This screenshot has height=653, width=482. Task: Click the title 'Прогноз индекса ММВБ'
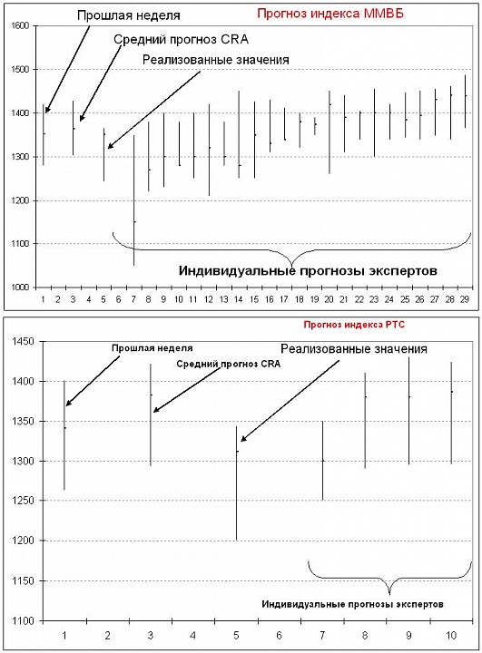click(330, 14)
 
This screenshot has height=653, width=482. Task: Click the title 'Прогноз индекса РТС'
click(354, 325)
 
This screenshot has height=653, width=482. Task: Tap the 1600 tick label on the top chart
click(19, 26)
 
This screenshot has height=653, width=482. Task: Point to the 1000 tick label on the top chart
click(19, 288)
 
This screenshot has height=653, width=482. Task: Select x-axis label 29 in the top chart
click(465, 299)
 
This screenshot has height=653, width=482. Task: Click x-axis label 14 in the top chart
click(239, 299)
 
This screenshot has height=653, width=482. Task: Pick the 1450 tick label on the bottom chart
click(24, 342)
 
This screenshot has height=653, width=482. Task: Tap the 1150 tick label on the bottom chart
click(24, 581)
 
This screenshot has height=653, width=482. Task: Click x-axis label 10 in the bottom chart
click(451, 636)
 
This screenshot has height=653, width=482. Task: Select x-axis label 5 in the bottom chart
click(236, 636)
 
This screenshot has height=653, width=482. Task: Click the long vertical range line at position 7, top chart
click(133, 200)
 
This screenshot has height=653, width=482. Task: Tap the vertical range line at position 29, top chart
click(466, 102)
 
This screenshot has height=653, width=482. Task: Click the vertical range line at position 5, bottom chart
click(236, 483)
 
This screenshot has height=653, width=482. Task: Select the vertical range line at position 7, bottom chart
click(322, 461)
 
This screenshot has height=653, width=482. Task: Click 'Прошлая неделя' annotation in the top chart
click(129, 15)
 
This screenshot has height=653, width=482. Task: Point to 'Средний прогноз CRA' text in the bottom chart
click(229, 364)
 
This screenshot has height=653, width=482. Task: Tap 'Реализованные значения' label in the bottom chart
click(354, 348)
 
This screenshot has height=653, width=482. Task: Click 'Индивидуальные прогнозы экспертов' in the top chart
click(308, 271)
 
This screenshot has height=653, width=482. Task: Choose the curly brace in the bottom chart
click(389, 578)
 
